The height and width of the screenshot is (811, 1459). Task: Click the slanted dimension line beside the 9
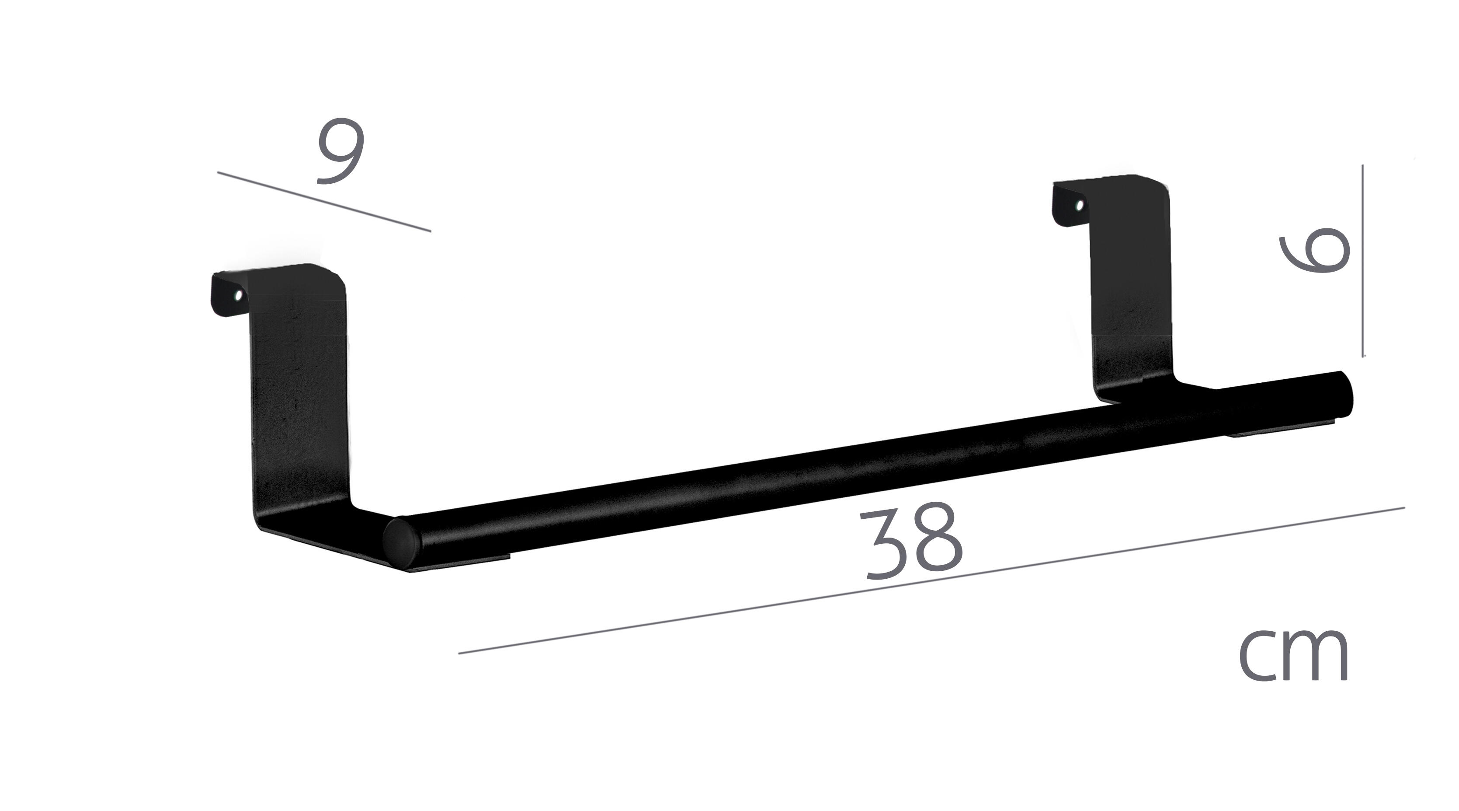(x=324, y=201)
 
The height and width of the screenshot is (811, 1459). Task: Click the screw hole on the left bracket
(x=239, y=295)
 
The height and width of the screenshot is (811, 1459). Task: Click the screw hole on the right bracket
(x=1080, y=205)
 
